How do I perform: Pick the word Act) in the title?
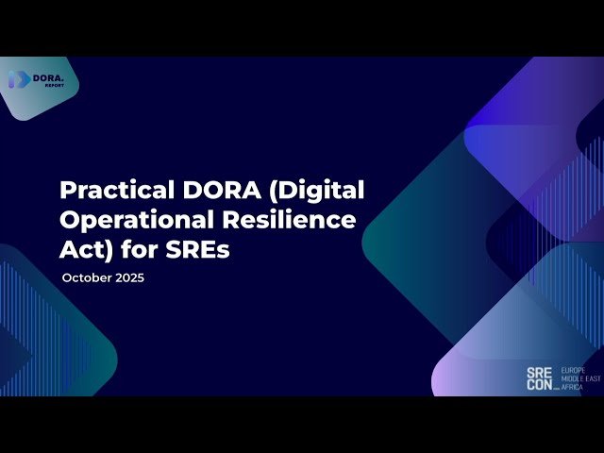[83, 251]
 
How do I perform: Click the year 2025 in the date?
[129, 278]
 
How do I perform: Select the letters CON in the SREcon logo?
[541, 385]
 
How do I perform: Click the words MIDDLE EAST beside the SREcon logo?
[579, 377]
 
